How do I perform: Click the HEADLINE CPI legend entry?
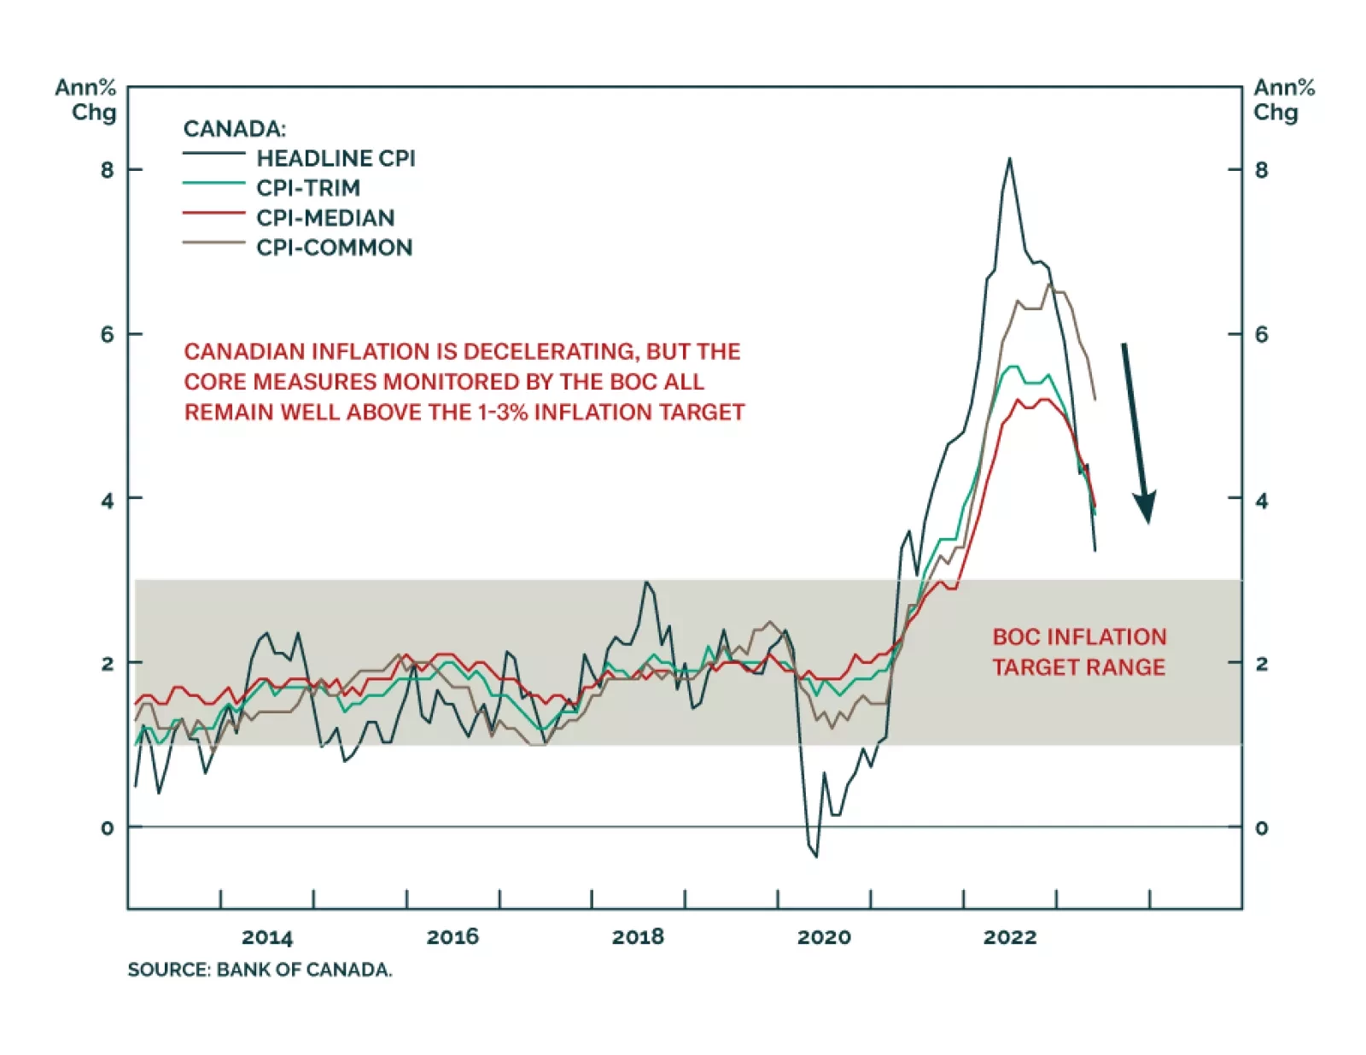coord(336,158)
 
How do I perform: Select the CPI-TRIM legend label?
coord(308,188)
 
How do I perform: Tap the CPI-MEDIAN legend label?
coord(325,218)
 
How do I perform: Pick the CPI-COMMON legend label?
coord(334,248)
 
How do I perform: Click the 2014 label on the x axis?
coord(266,937)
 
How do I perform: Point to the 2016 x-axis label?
coord(452,937)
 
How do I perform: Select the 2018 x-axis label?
coord(638,937)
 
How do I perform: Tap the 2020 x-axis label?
coord(824,937)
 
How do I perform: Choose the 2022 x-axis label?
coord(1009,937)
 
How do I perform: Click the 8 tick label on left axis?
coord(107,170)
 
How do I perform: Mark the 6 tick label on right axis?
coord(1261,334)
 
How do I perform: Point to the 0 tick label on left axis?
coord(107,828)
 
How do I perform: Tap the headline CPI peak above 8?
coord(1009,160)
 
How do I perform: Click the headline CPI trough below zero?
coord(816,855)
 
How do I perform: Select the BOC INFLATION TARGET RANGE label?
coord(1078,652)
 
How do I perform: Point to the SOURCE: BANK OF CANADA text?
coord(260,970)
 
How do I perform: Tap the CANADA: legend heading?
coord(234,129)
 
